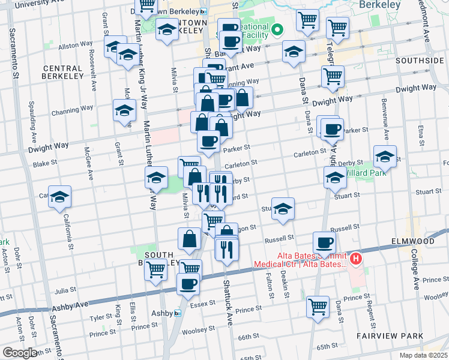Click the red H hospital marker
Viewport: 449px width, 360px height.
pos(357,259)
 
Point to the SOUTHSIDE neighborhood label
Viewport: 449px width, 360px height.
pos(419,61)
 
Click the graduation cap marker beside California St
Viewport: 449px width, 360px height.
pos(60,197)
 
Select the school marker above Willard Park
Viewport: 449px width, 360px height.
pos(385,157)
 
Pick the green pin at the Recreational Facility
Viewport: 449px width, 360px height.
pos(277,29)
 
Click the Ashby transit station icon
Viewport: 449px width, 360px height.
pos(177,313)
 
